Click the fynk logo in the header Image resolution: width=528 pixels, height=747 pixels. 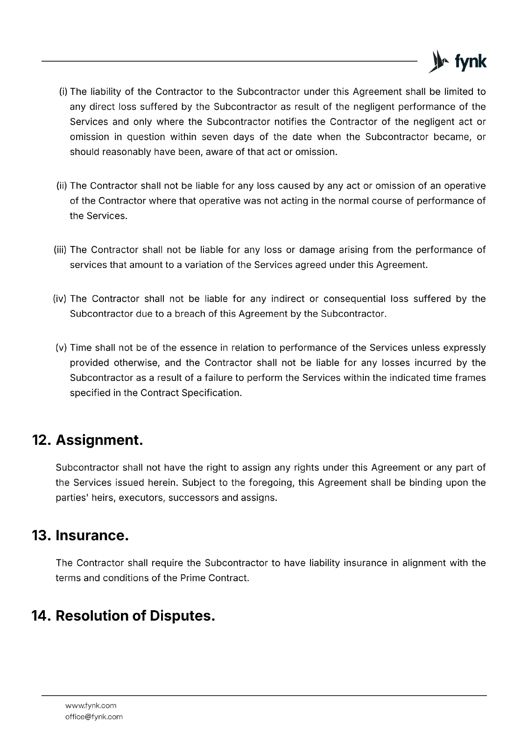pyautogui.click(x=458, y=62)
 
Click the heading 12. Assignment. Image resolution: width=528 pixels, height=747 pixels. pyautogui.click(x=87, y=440)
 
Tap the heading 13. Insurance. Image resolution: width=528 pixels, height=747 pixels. pyautogui.click(x=80, y=535)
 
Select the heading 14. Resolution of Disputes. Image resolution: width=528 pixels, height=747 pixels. pyautogui.click(x=123, y=615)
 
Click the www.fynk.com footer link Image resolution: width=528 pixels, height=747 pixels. pyautogui.click(x=91, y=705)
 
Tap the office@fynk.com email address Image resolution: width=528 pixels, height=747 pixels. pyautogui.click(x=94, y=717)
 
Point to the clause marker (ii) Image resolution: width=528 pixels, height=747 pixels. pyautogui.click(x=62, y=186)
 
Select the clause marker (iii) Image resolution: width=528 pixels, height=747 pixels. pyautogui.click(x=61, y=250)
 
